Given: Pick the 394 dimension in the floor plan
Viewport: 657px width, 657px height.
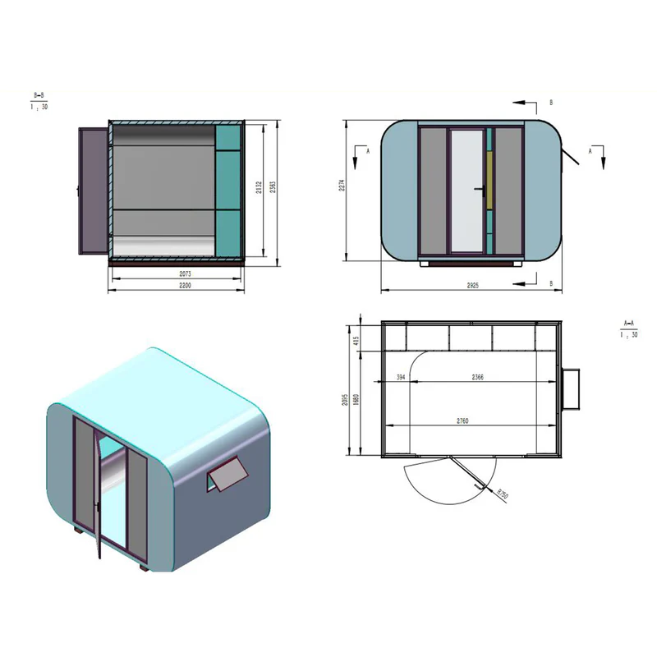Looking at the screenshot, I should (x=401, y=378).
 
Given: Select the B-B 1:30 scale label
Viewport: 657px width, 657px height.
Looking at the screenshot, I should (x=39, y=102).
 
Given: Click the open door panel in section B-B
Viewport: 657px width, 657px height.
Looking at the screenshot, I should (x=92, y=191).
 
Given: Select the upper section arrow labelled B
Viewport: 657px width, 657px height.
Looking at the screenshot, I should (x=526, y=103).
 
